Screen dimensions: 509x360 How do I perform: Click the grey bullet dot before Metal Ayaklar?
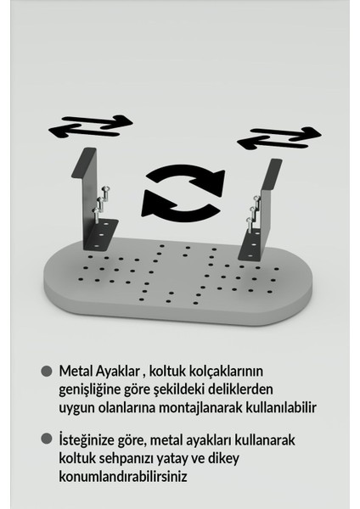click(x=46, y=372)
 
